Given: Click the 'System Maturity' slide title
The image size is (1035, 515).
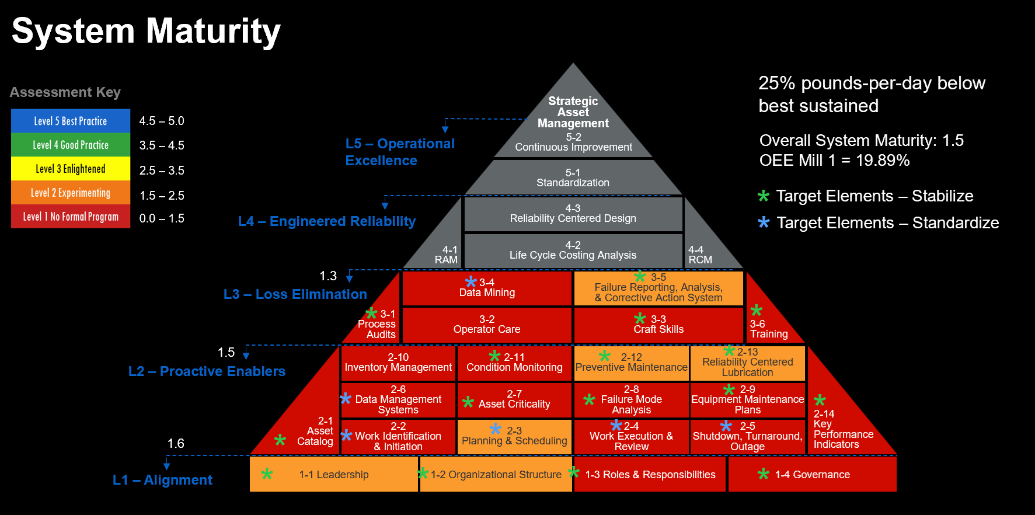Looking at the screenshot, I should [x=146, y=31].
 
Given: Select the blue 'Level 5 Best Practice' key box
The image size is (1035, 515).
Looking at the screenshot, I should [x=71, y=121].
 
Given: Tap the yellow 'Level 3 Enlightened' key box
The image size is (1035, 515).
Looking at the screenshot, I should [x=71, y=169].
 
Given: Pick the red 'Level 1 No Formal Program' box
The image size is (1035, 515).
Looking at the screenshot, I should [x=71, y=217].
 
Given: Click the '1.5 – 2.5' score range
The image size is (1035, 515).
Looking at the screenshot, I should [x=162, y=196].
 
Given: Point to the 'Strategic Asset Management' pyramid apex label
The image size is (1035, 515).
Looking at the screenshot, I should [x=573, y=112].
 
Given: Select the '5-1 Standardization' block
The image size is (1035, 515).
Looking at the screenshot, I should [x=573, y=178].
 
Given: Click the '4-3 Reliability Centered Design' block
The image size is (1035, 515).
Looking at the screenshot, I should [x=573, y=214].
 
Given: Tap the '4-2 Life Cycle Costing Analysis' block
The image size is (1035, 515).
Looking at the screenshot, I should [x=573, y=250].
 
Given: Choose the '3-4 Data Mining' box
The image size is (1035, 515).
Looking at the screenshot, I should [x=487, y=288].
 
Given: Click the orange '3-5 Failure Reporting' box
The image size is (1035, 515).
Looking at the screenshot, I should [x=658, y=288].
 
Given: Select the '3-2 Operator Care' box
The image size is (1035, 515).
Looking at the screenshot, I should [x=487, y=325].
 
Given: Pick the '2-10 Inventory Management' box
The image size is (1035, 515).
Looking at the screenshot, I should [x=398, y=363].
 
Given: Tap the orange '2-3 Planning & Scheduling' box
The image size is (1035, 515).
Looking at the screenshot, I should [x=514, y=436].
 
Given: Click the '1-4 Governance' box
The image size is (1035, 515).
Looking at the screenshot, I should [x=812, y=475].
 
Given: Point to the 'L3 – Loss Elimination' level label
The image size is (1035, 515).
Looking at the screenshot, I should [x=295, y=294].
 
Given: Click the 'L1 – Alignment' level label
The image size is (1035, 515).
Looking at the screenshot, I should [x=162, y=480].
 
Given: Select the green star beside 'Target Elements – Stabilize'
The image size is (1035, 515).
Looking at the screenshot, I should [x=764, y=196].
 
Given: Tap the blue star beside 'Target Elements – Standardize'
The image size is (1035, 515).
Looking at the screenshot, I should [x=764, y=222].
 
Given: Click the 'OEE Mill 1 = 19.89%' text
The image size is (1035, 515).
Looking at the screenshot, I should [x=834, y=161].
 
